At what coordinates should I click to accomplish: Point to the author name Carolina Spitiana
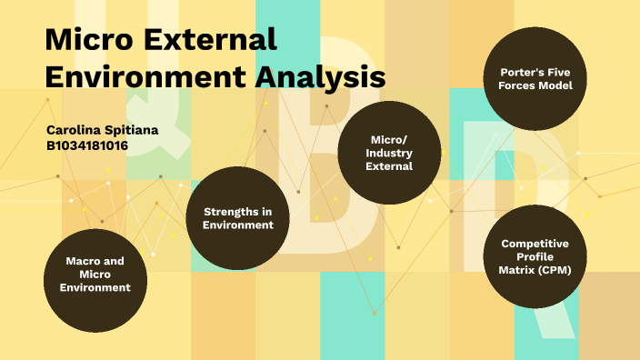[x=102, y=130]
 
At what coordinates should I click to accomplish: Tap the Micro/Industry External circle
[x=388, y=153]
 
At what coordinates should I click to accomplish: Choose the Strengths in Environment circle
[x=238, y=218]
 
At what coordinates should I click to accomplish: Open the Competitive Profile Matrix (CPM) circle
[x=535, y=257]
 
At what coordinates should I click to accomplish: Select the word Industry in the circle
[x=389, y=153]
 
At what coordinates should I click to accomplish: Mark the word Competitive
[x=535, y=244]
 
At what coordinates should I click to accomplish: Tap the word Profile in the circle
[x=535, y=257]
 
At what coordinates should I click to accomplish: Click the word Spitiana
[x=133, y=130]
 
